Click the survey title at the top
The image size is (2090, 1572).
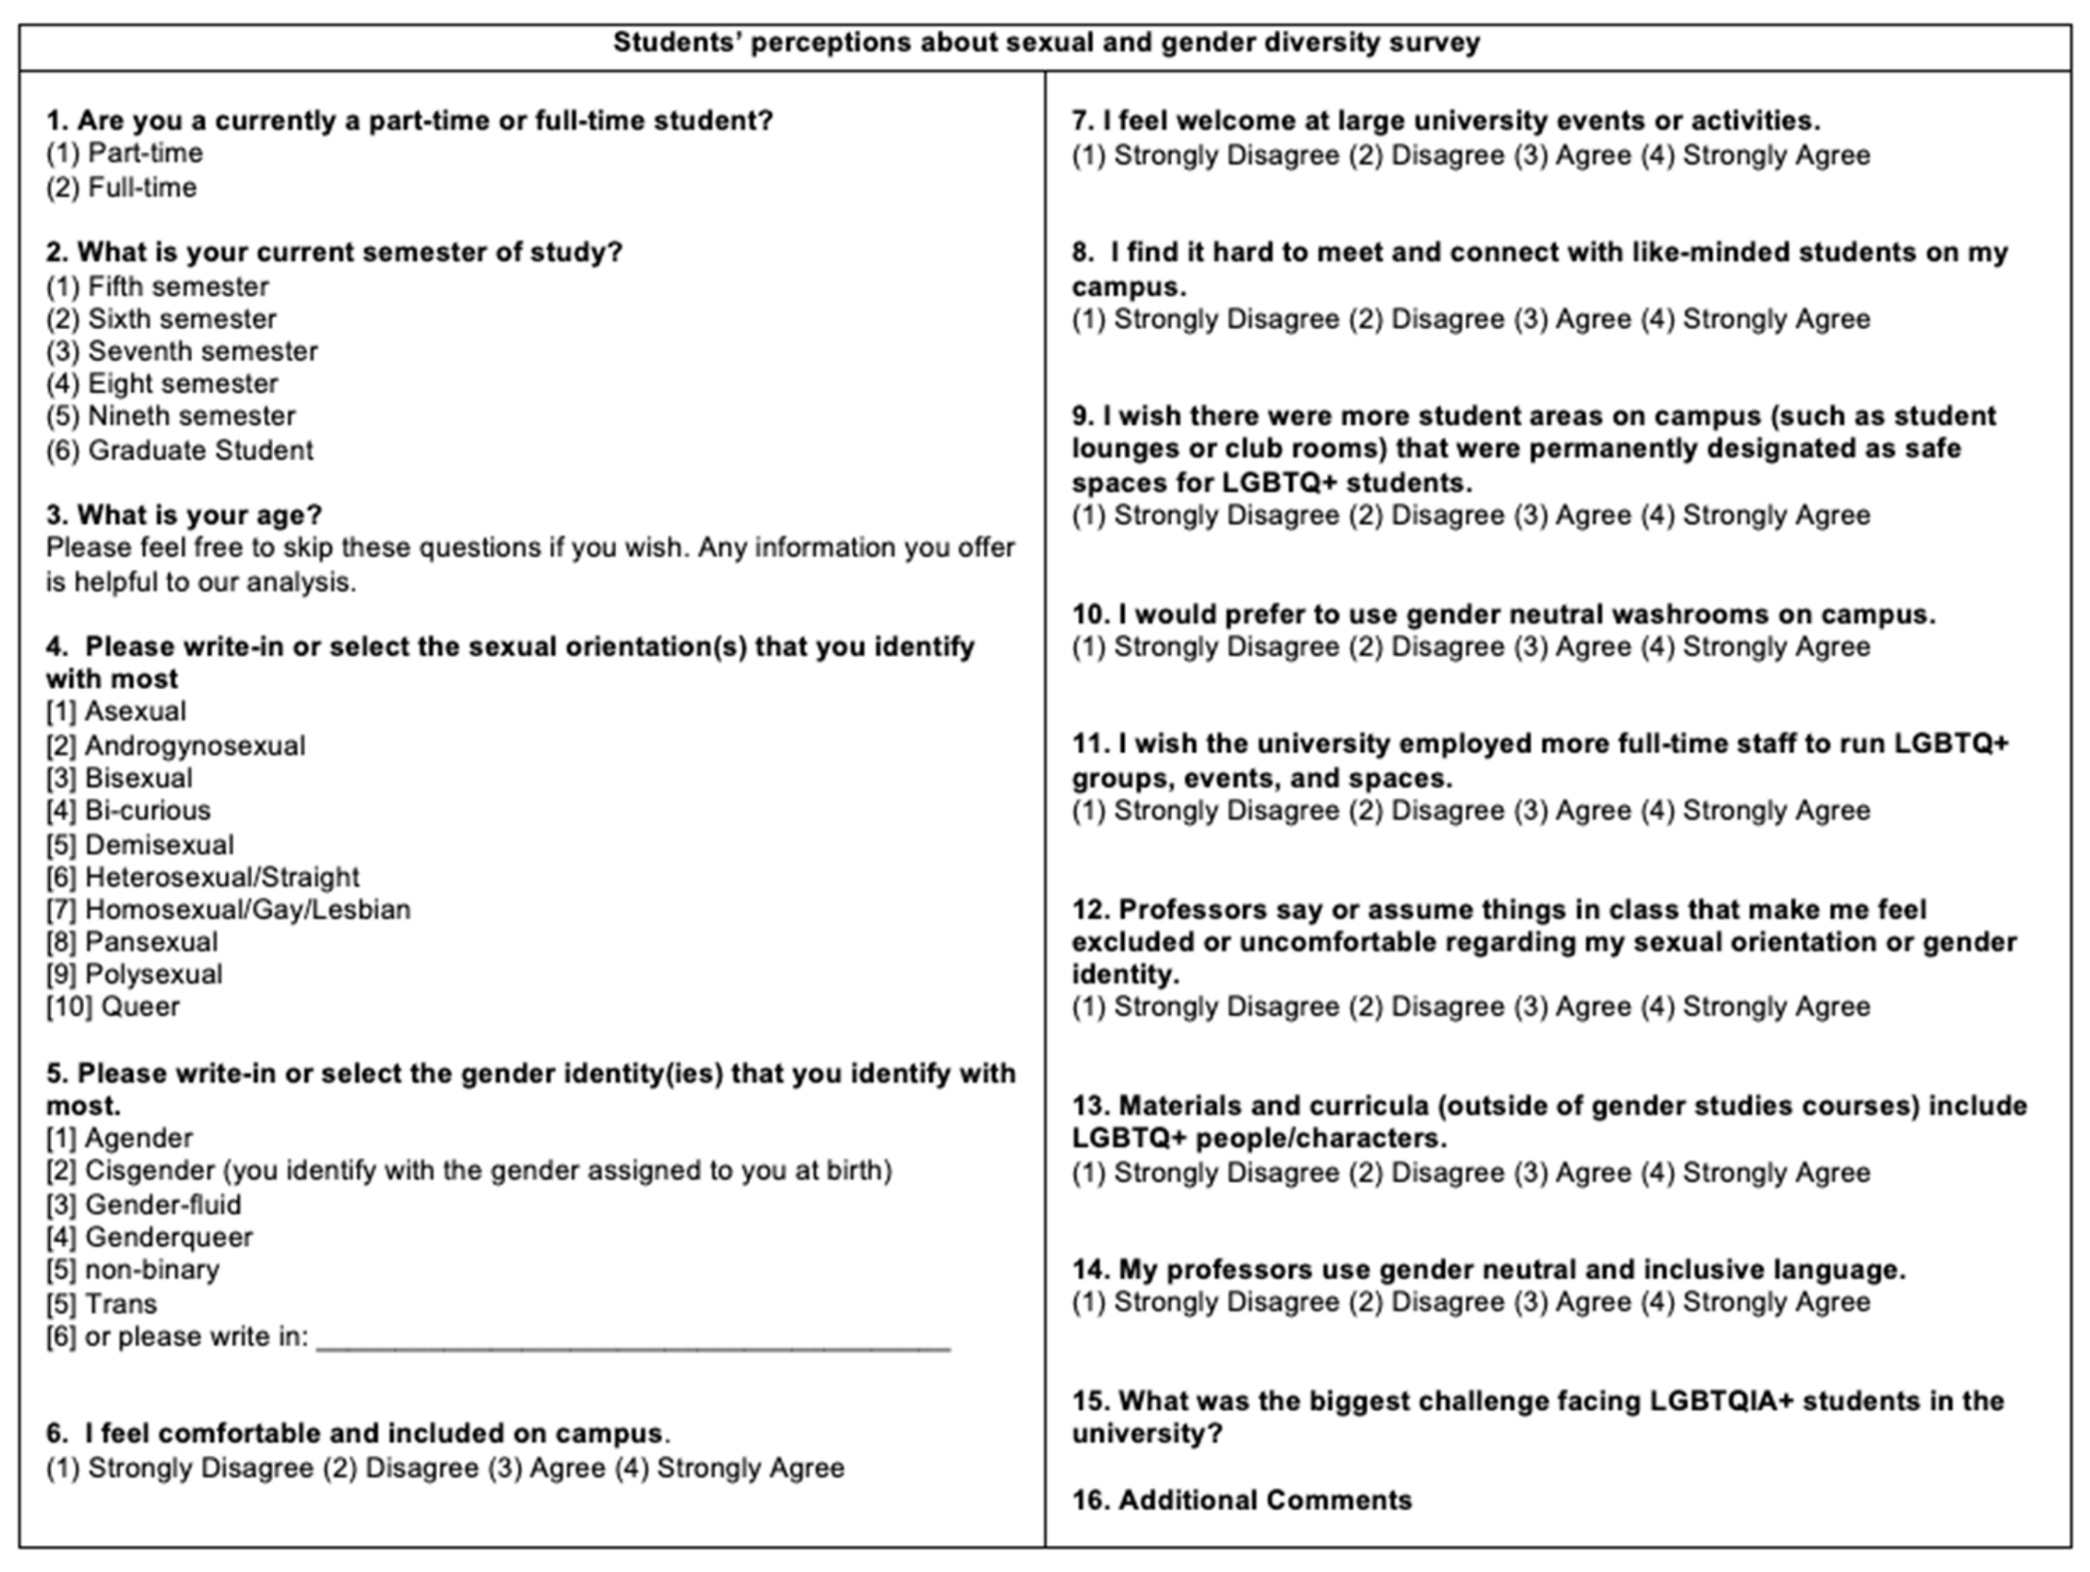tap(1046, 43)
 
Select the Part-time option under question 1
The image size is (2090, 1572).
tap(125, 153)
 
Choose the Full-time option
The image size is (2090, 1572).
tap(122, 187)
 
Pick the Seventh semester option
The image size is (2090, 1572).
tap(182, 351)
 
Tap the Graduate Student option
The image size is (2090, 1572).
tap(179, 450)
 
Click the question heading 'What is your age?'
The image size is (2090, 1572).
tap(185, 515)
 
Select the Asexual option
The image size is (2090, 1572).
tap(116, 712)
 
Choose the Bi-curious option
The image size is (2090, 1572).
tap(129, 811)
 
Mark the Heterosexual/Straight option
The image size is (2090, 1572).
tap(203, 878)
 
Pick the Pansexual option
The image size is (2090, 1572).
tap(132, 942)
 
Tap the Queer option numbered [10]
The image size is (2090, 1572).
tap(113, 1007)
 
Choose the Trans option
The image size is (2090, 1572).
tap(102, 1305)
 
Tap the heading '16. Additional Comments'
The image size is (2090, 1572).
tap(1241, 1501)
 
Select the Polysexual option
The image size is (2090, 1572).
tap(134, 975)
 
